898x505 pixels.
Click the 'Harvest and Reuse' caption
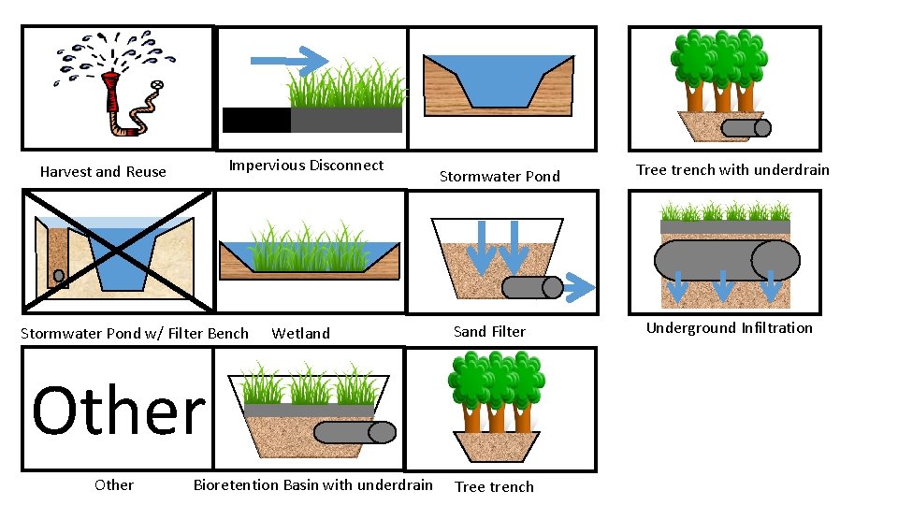pos(103,172)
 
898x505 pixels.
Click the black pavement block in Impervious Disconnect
pos(256,120)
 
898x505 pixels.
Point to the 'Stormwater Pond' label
pos(500,176)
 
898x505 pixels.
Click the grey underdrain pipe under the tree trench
pos(746,128)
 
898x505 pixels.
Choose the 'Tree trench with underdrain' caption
pos(732,170)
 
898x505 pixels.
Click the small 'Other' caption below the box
pos(114,484)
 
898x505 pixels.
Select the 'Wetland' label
pos(300,333)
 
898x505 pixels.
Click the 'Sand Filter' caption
pos(489,332)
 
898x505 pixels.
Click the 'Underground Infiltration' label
pos(730,327)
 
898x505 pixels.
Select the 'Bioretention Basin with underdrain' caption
pos(313,484)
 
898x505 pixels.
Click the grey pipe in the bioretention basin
pos(354,432)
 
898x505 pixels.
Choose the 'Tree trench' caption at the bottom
pos(494,486)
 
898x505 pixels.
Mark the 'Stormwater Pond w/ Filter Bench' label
pos(135,333)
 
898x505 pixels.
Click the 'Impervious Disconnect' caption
pos(306,166)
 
